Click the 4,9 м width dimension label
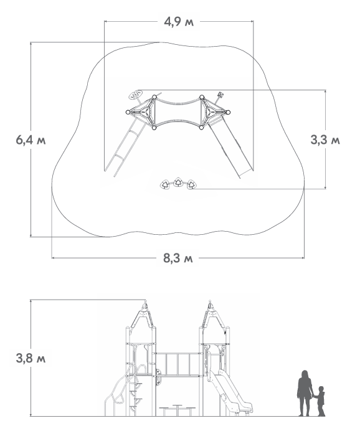pyautogui.click(x=179, y=22)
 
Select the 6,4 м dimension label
pyautogui.click(x=31, y=140)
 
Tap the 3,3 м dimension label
pyautogui.click(x=325, y=140)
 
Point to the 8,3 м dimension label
pyautogui.click(x=178, y=258)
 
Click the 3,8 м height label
pyautogui.click(x=31, y=358)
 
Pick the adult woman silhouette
pyautogui.click(x=305, y=393)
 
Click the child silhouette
pyautogui.click(x=321, y=401)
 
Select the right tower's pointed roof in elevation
pyautogui.click(x=212, y=315)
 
